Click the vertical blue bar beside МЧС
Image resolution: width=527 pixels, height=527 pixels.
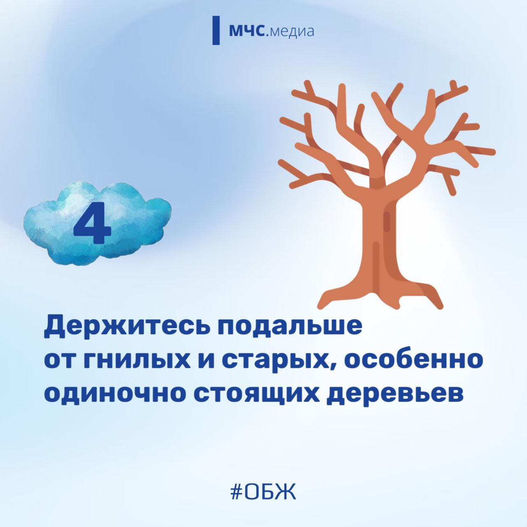[x=216, y=30]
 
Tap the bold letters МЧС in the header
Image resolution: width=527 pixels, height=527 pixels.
[x=247, y=31]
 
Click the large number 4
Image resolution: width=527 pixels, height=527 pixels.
[x=92, y=223]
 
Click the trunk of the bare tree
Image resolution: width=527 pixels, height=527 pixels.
[x=379, y=246]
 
